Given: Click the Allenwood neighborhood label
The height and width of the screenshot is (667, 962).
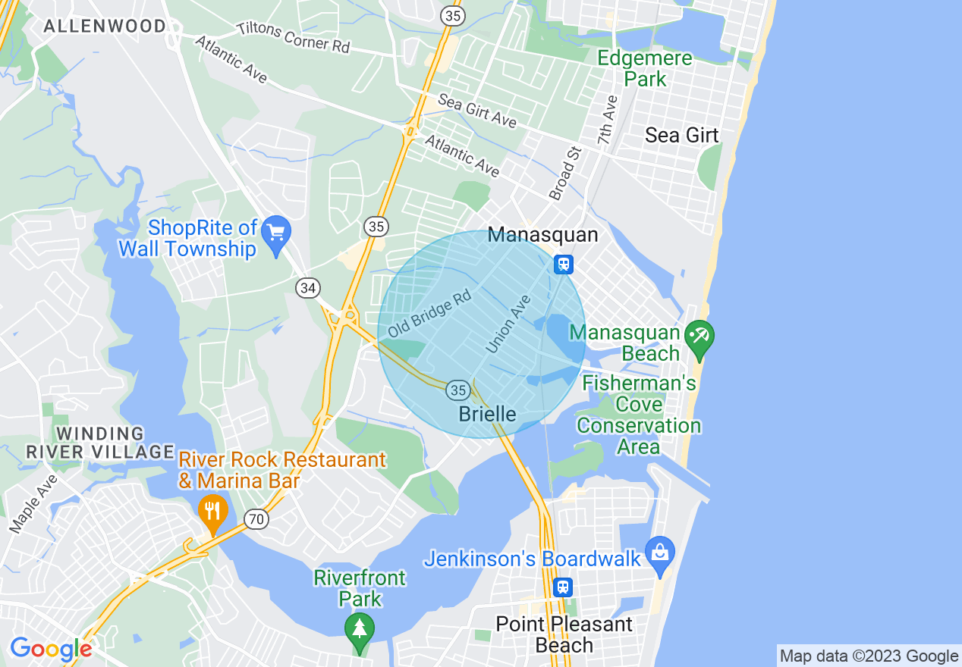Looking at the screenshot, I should pyautogui.click(x=105, y=26).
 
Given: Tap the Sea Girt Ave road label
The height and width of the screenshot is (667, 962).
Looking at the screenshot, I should pyautogui.click(x=477, y=110).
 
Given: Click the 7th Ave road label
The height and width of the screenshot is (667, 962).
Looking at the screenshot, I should pyautogui.click(x=607, y=120).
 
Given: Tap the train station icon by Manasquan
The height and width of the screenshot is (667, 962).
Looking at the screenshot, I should pyautogui.click(x=563, y=264).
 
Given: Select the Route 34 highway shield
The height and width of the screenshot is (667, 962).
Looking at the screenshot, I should pyautogui.click(x=308, y=288).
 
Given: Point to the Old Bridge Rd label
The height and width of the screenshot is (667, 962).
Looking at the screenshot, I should pyautogui.click(x=429, y=314).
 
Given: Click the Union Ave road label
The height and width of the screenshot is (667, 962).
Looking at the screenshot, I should pyautogui.click(x=508, y=324).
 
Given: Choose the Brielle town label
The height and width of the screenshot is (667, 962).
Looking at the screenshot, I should pyautogui.click(x=488, y=414).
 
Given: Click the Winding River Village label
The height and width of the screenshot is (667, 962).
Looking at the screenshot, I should pyautogui.click(x=100, y=443).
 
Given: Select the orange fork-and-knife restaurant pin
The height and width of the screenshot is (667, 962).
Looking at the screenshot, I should pyautogui.click(x=213, y=512).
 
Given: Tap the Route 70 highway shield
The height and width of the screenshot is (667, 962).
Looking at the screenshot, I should pyautogui.click(x=257, y=519).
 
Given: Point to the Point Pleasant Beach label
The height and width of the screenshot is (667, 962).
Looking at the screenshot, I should pyautogui.click(x=564, y=634).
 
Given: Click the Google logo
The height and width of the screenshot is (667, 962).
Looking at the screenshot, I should pyautogui.click(x=51, y=649).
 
